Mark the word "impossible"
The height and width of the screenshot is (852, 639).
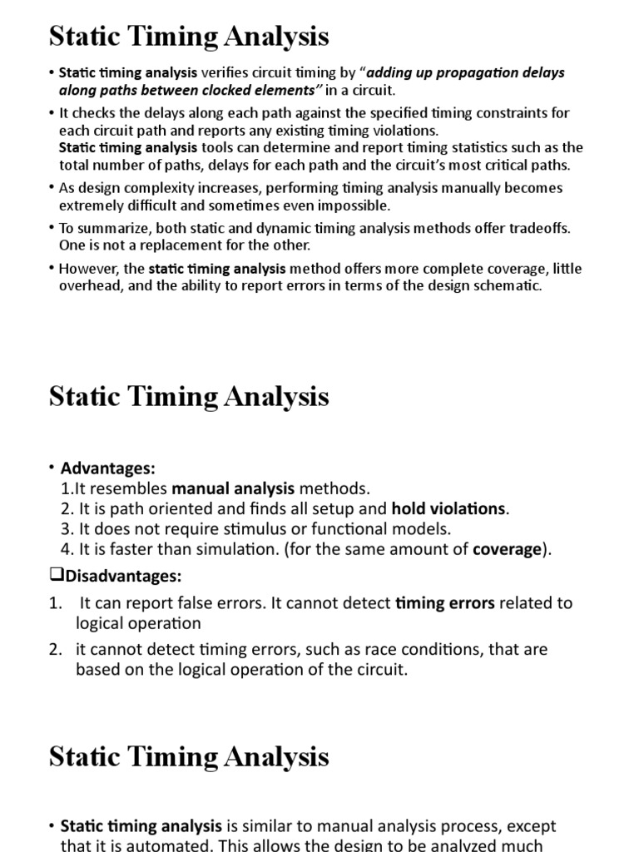coord(349,205)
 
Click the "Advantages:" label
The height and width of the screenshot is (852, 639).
coord(107,468)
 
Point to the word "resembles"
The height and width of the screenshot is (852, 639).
coord(134,488)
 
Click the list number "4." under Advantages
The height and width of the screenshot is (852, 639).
coord(67,549)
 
